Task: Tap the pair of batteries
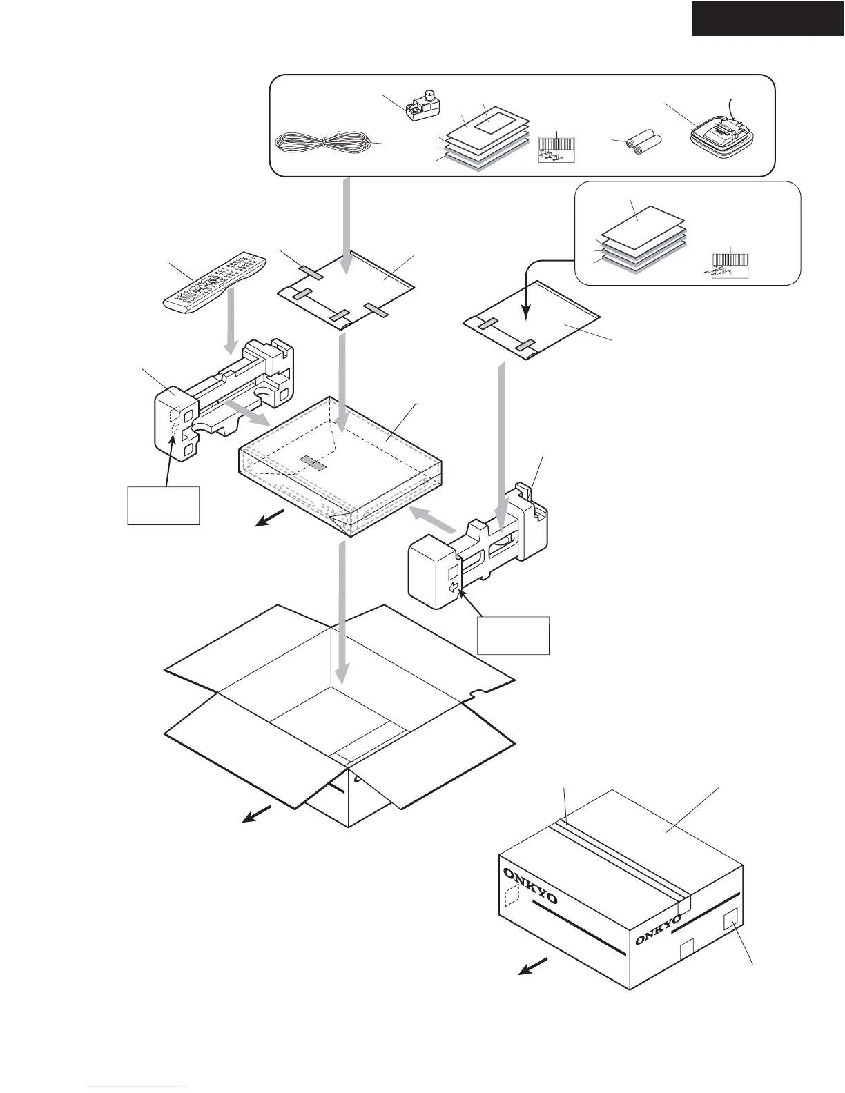[x=643, y=144]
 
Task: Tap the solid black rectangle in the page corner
[x=768, y=18]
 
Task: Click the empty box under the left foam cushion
[x=164, y=506]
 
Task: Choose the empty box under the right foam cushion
[x=513, y=635]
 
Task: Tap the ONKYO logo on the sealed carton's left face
[x=530, y=887]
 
